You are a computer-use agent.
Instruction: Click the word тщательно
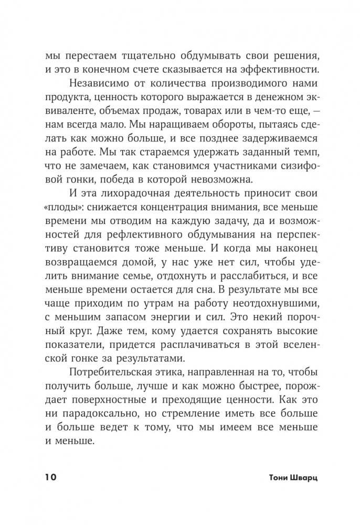click(x=137, y=56)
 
